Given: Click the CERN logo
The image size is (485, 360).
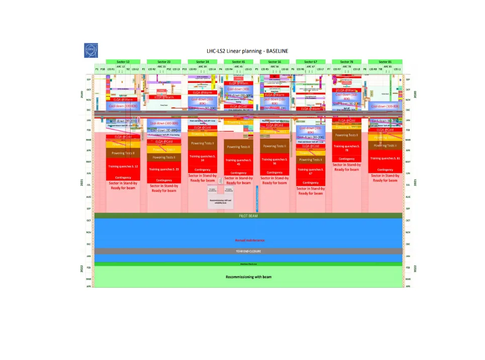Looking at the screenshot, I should [91, 50].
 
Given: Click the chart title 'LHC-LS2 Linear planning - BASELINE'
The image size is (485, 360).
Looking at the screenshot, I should [247, 51].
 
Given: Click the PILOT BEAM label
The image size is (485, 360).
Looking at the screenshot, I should [248, 216].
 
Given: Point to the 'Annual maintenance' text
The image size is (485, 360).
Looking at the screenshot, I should [250, 241].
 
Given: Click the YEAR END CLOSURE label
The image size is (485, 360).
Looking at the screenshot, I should [248, 251].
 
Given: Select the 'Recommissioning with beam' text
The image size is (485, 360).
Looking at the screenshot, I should [248, 277].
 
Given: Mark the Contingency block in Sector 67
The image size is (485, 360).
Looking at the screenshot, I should [311, 183].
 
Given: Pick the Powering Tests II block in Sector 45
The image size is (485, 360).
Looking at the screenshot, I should [238, 147].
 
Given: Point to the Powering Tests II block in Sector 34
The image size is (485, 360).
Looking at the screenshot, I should [202, 143].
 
